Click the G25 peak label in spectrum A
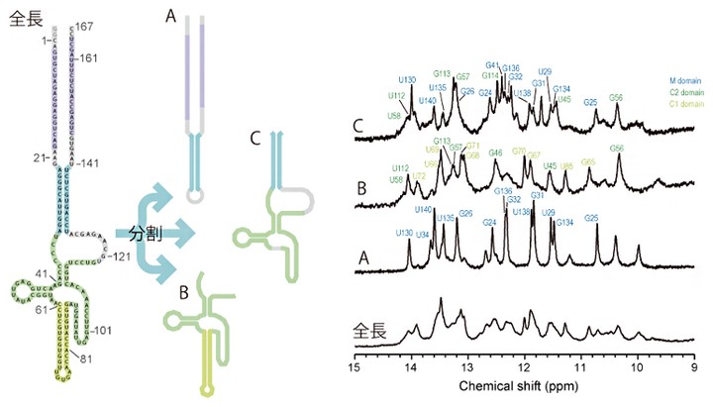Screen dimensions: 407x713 tap(592, 217)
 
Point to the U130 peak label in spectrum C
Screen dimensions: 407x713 tap(407, 78)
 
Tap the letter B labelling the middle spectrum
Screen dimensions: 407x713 tap(363, 187)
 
